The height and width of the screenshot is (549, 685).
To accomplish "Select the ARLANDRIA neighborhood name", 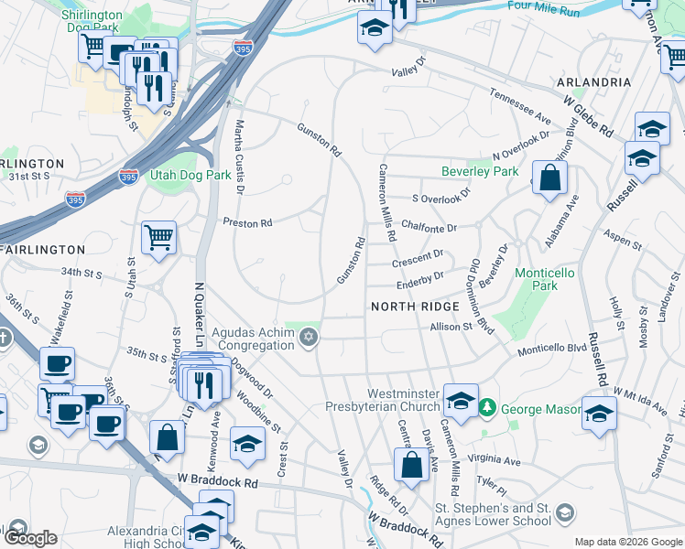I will [593, 82].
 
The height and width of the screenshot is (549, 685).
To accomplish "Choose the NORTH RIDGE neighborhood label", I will [412, 307].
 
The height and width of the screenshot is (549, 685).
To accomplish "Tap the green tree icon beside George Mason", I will [489, 406].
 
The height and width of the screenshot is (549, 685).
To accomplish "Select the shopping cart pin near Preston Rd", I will [159, 238].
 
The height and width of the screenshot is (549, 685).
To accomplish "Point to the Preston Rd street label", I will [248, 222].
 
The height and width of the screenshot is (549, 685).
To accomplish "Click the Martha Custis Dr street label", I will [239, 156].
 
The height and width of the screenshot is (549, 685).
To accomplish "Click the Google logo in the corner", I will [29, 538].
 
